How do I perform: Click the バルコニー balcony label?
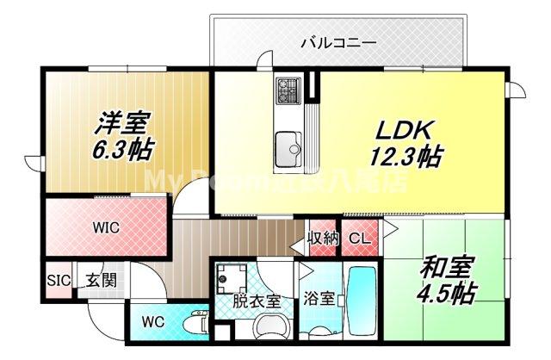click(x=338, y=41)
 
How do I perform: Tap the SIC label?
click(x=58, y=281)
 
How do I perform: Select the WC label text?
click(x=153, y=322)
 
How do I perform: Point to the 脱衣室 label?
click(x=257, y=301)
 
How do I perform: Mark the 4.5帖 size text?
click(x=445, y=293)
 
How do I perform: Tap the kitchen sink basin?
click(x=288, y=143)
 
